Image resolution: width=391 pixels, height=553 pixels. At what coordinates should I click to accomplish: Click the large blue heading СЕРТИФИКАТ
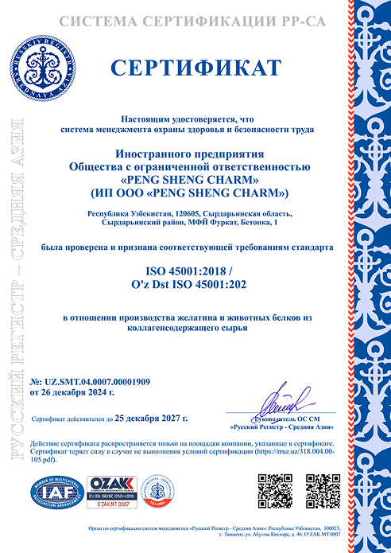pyautogui.click(x=195, y=66)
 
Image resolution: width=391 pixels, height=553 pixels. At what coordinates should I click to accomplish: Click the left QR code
pyautogui.click(x=275, y=490)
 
